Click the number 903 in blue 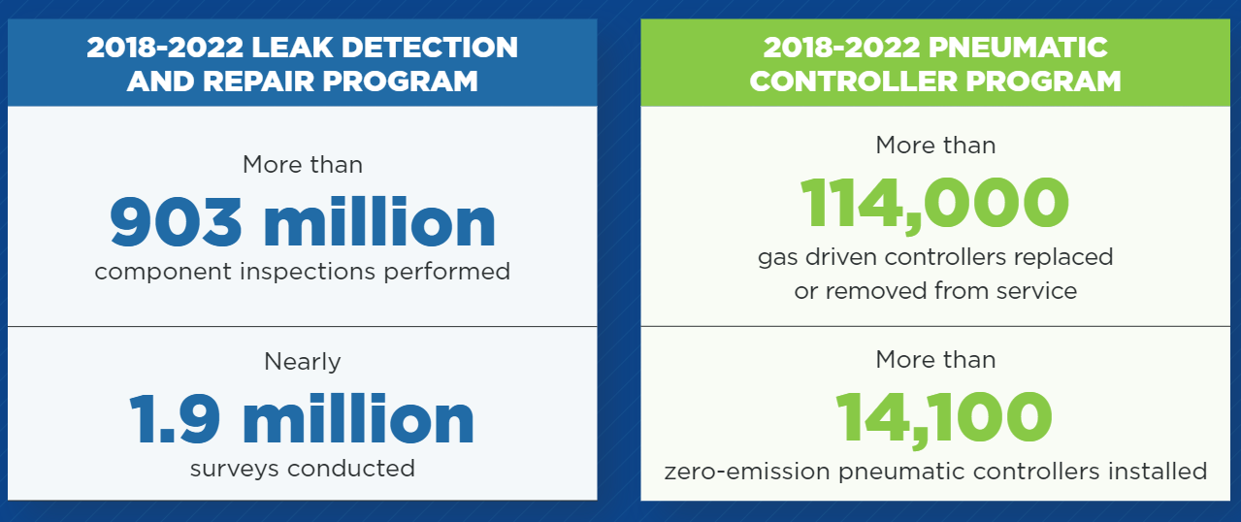(x=176, y=223)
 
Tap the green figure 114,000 (x=935, y=204)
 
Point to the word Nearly (x=303, y=362)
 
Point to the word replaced (x=1063, y=258)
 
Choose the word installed (x=1158, y=472)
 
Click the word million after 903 (x=379, y=223)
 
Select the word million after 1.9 (x=359, y=418)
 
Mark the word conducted (x=351, y=469)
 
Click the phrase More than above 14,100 (x=935, y=360)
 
